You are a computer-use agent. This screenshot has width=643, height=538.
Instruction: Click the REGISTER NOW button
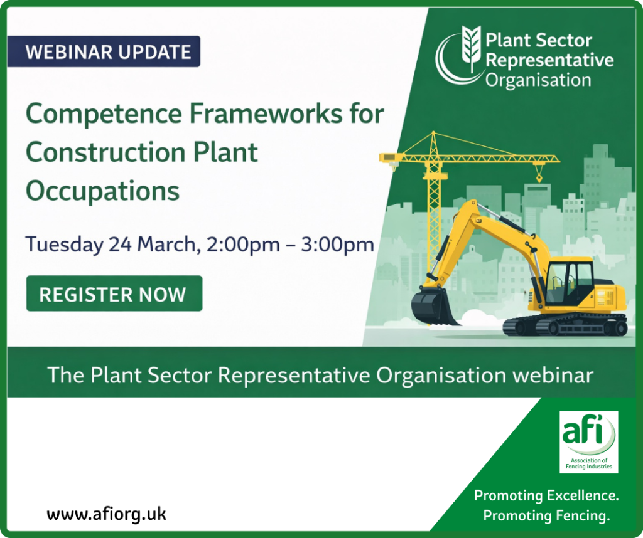[x=114, y=293]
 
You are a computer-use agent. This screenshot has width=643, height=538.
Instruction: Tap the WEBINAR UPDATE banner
[x=104, y=51]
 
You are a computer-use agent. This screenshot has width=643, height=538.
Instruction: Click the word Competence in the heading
[x=104, y=114]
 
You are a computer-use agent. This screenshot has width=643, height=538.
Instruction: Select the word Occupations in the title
[x=102, y=191]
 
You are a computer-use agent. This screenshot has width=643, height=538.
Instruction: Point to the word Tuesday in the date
[x=65, y=245]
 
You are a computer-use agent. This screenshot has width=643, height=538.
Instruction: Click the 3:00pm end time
[x=337, y=245]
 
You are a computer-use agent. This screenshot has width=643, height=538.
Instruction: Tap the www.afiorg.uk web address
[x=106, y=514]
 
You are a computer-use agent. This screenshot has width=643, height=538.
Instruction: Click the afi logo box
[x=589, y=442]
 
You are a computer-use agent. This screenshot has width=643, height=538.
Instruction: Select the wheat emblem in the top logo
[x=471, y=48]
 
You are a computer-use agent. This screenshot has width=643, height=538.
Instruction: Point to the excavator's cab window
[x=569, y=283]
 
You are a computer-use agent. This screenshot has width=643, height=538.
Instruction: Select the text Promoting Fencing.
[x=546, y=515]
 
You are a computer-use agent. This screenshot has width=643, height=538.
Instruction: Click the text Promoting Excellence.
[x=546, y=496]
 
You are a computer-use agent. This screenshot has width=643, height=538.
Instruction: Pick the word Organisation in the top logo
[x=538, y=80]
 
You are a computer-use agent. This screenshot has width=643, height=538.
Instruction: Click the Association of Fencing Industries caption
[x=589, y=463]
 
